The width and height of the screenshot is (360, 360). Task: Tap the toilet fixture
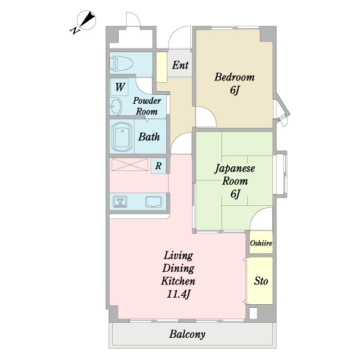(121, 64)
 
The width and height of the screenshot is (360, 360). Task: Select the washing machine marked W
(119, 87)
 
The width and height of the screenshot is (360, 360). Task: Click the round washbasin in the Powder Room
(116, 106)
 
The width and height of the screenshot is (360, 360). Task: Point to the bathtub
(122, 137)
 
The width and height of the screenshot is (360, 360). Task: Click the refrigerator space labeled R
(158, 166)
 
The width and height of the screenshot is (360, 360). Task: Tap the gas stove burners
(120, 202)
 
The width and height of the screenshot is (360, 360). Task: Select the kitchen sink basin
(154, 202)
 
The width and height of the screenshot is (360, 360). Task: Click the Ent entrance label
(180, 65)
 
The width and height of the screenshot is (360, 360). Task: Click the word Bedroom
(235, 77)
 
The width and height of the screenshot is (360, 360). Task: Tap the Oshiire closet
(261, 242)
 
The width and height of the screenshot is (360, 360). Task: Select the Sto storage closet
(260, 281)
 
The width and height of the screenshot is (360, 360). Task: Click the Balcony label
(187, 334)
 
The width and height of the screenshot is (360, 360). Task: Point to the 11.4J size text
(178, 294)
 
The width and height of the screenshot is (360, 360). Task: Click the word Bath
(149, 137)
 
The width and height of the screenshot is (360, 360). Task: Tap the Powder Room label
(147, 106)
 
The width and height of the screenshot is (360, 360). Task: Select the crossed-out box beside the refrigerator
(130, 164)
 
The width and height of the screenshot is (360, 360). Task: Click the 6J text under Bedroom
(235, 91)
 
